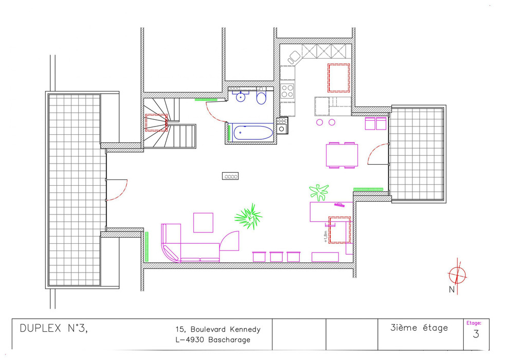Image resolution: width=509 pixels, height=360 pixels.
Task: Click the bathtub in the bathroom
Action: (x=252, y=133)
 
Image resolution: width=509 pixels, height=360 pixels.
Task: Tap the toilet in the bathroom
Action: (x=261, y=96)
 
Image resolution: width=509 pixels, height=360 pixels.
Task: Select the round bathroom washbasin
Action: (x=241, y=97)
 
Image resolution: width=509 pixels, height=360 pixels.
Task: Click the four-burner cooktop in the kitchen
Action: (x=287, y=91)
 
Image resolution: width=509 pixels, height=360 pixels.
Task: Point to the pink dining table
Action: (x=342, y=155)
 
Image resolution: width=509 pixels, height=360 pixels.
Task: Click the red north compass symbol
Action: (x=458, y=276)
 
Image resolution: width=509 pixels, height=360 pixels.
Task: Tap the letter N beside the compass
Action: (x=451, y=290)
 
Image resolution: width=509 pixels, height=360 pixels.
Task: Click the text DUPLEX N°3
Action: (x=53, y=329)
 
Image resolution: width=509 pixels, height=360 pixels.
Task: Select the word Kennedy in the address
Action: (x=245, y=330)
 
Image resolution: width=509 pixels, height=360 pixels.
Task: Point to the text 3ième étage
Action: (x=419, y=328)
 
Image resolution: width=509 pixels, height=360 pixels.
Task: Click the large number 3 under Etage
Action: (x=476, y=334)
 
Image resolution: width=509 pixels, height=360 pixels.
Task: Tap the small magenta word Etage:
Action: (x=474, y=323)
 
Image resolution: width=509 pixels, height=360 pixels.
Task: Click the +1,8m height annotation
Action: (x=325, y=237)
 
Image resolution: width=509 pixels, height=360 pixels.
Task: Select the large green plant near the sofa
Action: (x=249, y=216)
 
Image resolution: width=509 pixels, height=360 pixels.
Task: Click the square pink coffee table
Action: (x=203, y=223)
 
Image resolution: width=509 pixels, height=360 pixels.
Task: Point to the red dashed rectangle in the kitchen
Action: (x=339, y=78)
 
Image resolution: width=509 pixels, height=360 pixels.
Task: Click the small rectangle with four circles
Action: (x=230, y=176)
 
